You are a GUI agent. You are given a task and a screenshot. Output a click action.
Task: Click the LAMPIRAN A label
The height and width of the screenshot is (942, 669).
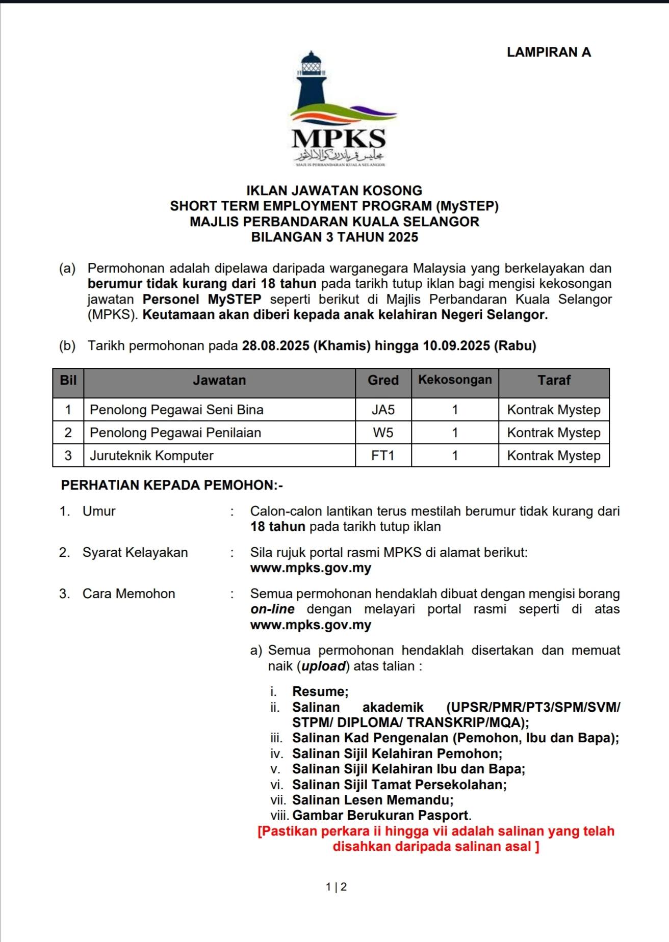[549, 52]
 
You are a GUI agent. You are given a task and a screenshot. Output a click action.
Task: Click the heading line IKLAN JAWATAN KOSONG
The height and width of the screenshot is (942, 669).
[334, 191]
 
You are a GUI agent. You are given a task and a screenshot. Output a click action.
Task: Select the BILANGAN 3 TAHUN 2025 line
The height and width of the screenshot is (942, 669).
[334, 237]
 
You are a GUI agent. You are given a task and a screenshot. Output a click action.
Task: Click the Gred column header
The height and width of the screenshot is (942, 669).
[383, 380]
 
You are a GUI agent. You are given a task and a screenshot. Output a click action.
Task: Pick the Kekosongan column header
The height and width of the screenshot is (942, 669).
[455, 380]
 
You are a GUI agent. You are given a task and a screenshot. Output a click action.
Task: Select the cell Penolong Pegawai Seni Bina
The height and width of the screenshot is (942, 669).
[176, 410]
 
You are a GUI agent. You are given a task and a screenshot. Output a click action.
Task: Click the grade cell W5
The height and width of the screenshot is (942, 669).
[383, 433]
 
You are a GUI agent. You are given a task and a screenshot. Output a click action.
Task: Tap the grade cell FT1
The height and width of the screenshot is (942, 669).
[383, 455]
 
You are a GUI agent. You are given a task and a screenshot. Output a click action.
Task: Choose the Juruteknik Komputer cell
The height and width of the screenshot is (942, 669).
[151, 455]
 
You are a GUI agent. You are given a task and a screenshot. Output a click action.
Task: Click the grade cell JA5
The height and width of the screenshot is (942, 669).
[383, 410]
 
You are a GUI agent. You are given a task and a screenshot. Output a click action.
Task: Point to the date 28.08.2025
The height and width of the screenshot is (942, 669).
[276, 346]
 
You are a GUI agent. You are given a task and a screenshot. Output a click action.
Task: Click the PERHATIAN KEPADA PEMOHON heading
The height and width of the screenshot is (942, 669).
[172, 485]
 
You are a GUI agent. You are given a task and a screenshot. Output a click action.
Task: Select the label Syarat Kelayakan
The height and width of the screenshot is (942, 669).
[135, 552]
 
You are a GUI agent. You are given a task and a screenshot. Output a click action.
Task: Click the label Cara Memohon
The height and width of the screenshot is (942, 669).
[128, 594]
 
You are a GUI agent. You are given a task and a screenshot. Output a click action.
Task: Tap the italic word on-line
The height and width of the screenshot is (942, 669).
[272, 609]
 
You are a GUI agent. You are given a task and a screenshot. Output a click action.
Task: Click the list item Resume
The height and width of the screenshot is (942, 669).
[320, 691]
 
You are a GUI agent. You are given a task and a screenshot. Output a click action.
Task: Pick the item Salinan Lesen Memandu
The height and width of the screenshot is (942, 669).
[373, 800]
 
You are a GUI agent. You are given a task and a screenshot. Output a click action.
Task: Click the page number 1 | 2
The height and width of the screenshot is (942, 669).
[336, 887]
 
